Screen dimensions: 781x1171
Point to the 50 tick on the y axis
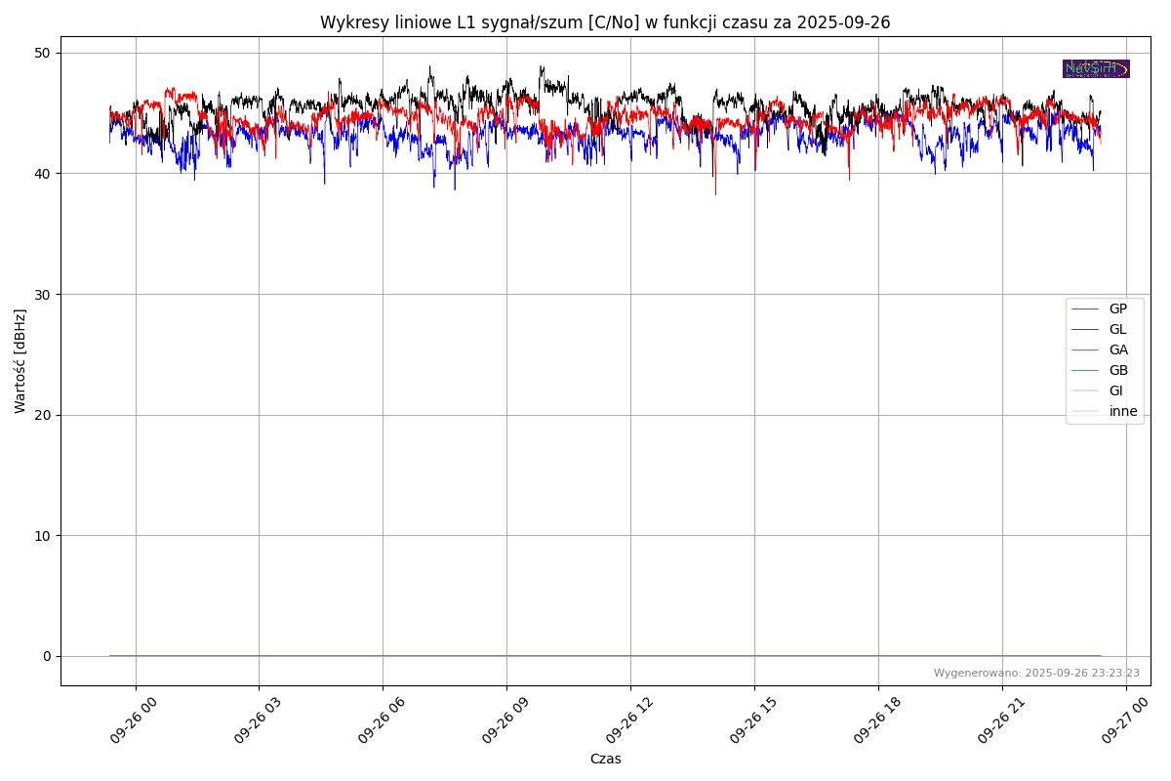coord(45,53)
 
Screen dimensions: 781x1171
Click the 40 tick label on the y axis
coord(45,174)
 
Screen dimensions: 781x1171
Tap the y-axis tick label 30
coord(45,294)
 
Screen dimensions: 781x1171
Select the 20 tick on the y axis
coord(45,415)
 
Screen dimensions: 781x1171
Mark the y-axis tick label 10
coord(45,535)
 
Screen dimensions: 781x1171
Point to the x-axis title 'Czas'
coord(605,759)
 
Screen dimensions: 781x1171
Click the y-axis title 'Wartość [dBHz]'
coord(20,361)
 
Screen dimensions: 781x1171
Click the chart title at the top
coord(605,22)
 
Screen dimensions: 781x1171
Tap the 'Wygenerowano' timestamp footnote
coord(1036,673)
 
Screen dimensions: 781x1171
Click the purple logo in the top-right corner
coord(1096,68)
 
